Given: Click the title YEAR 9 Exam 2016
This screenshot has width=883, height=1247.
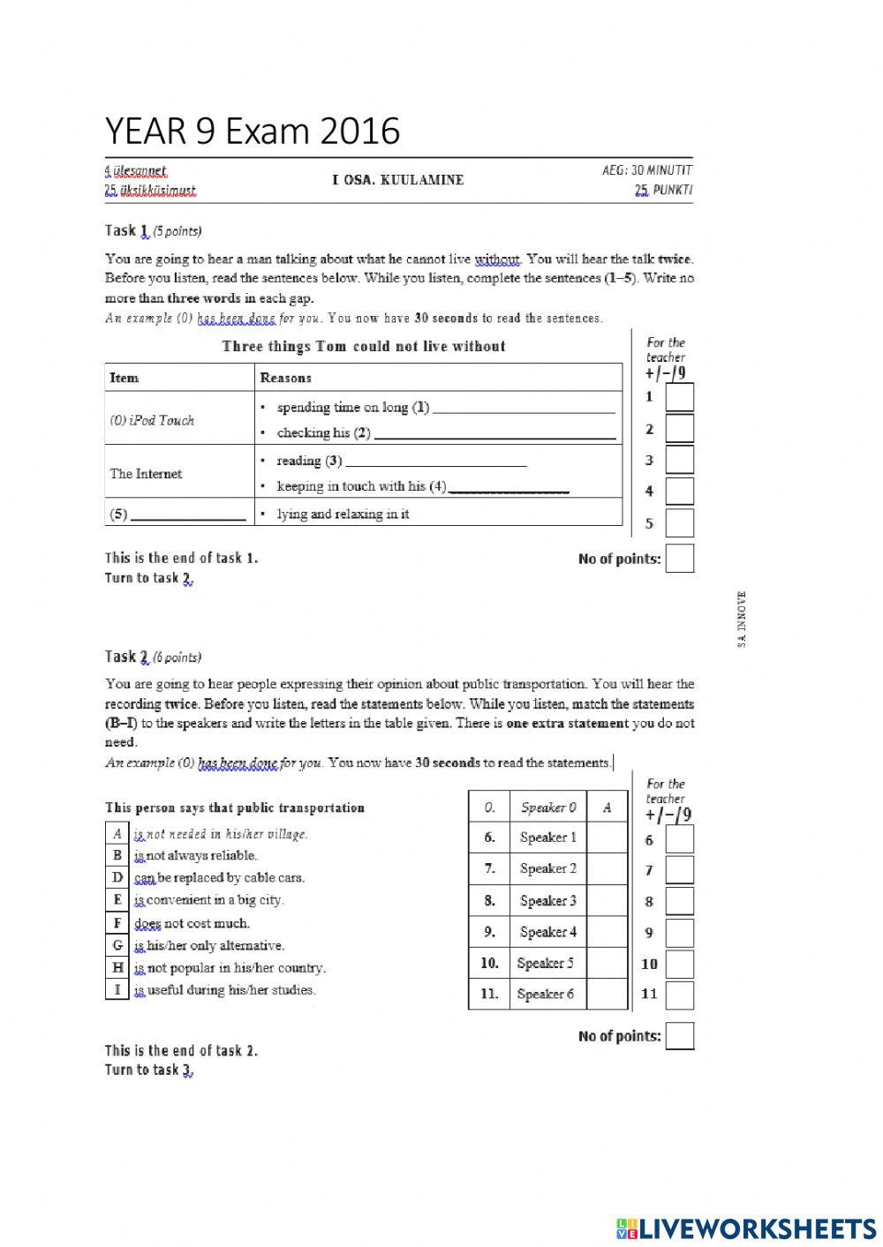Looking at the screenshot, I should tap(253, 131).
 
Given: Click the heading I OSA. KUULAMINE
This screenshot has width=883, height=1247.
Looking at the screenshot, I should tap(397, 180).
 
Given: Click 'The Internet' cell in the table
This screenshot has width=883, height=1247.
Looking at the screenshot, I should tap(146, 474).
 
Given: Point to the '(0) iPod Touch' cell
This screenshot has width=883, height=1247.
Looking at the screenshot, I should tap(152, 420).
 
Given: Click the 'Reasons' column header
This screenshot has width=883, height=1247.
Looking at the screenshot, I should tap(285, 378).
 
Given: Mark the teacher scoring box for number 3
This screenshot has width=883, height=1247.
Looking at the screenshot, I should tap(679, 460).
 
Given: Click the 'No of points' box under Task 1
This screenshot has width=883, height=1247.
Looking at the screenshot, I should tap(679, 559).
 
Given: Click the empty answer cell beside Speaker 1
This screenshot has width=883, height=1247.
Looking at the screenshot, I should tap(607, 838).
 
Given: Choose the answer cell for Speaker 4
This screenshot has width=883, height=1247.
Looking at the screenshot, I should tap(607, 932).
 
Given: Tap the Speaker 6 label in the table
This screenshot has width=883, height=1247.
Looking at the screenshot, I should tap(547, 995).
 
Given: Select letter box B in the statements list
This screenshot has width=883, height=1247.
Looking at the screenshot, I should tap(117, 855).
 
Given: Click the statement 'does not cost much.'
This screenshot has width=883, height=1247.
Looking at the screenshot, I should tap(192, 923).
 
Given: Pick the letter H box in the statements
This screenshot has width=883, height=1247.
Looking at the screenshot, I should tap(117, 967).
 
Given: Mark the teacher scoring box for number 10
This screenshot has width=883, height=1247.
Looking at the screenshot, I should tap(679, 964).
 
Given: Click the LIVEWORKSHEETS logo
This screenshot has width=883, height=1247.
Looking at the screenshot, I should tap(746, 1228).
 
